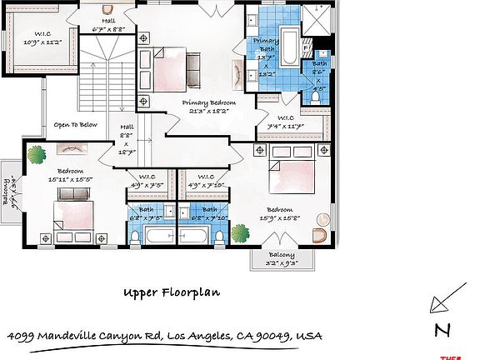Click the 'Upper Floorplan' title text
[171, 292]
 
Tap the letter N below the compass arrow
[442, 330]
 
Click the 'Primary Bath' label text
[267, 45]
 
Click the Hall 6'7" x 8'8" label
[109, 23]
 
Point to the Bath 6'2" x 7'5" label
[147, 213]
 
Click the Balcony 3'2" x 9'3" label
[281, 259]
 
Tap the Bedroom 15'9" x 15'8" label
[279, 214]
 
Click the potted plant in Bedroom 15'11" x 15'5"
[37, 155]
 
